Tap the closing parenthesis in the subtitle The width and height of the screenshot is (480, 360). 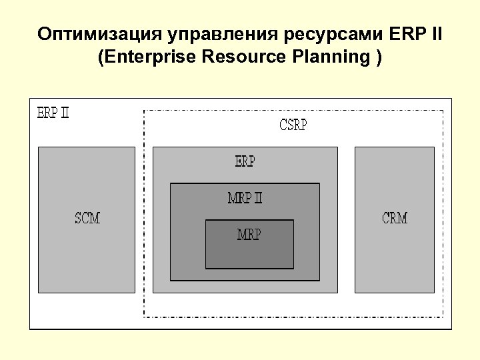click(x=379, y=57)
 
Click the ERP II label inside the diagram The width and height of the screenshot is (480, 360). click(x=53, y=113)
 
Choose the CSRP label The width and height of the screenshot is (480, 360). click(x=293, y=125)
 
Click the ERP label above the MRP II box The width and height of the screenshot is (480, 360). click(x=245, y=161)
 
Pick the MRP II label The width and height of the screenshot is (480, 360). click(x=245, y=198)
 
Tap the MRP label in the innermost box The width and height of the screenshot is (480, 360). click(x=249, y=235)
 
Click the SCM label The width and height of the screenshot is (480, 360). click(x=87, y=218)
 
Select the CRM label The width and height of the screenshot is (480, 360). click(x=395, y=218)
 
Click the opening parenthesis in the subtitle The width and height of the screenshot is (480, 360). click(x=101, y=57)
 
